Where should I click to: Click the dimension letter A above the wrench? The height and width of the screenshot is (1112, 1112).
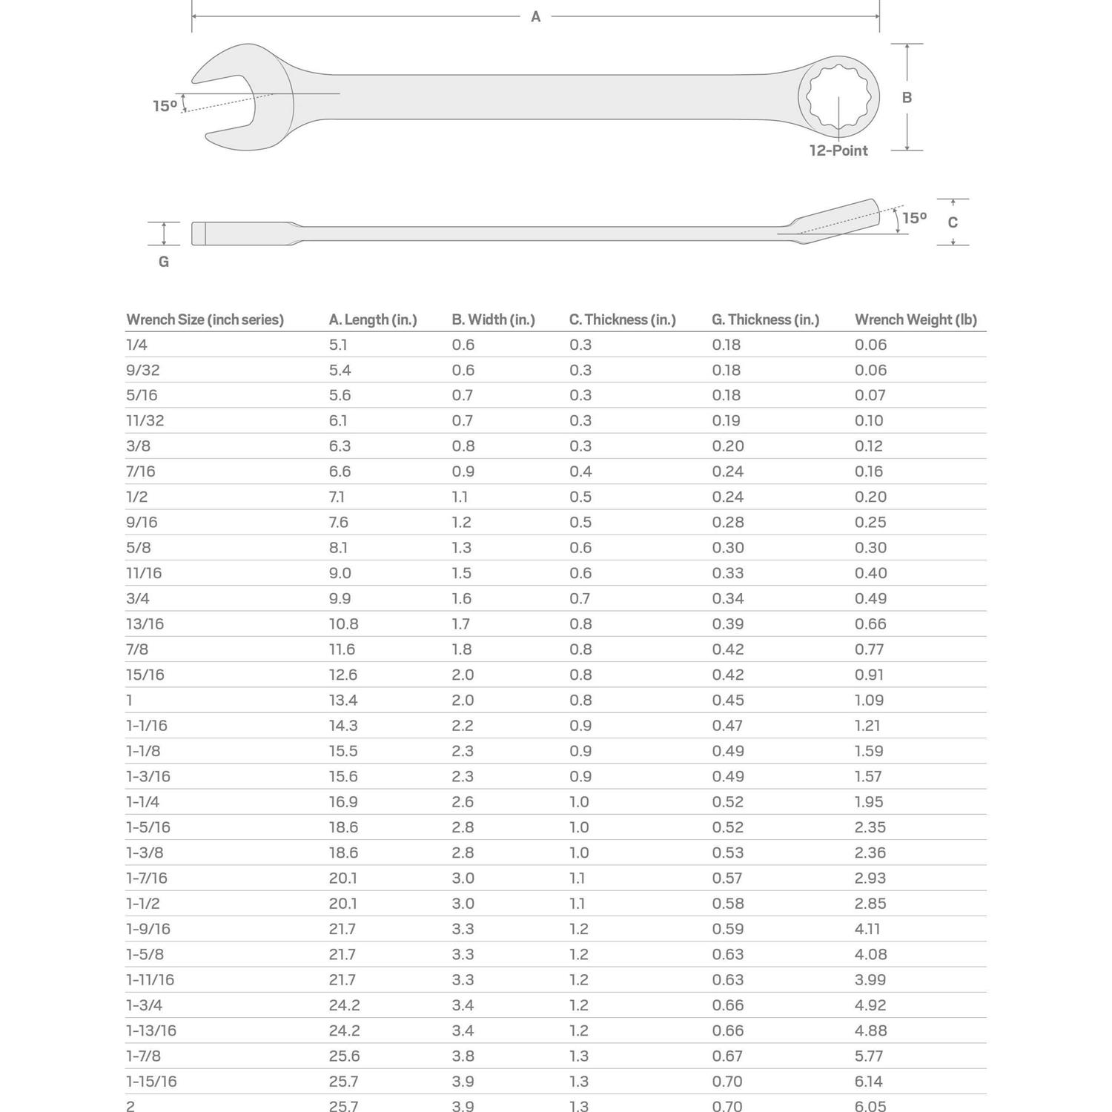pos(535,17)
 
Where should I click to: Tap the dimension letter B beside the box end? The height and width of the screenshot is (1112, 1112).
pos(907,97)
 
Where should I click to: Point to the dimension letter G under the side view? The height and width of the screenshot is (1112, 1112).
pos(164,262)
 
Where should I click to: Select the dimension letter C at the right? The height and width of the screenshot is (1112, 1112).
pos(953,222)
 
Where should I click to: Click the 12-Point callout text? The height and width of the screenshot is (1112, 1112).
pos(838,150)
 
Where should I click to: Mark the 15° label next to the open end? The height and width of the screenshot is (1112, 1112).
pos(165,106)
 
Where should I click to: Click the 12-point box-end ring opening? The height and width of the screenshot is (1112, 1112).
pos(838,96)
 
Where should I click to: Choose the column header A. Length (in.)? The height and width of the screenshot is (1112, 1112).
pos(373,320)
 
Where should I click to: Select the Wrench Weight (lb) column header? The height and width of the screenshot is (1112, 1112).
pos(916,320)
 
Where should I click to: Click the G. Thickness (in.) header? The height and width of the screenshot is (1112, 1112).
pos(765,320)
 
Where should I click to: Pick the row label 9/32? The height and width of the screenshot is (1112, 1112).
pos(142,370)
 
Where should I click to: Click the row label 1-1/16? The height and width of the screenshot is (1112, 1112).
pos(147,726)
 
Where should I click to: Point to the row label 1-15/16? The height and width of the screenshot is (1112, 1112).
pos(151,1082)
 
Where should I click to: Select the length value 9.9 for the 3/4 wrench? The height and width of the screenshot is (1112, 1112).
pos(340,598)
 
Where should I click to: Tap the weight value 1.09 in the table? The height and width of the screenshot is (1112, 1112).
pos(869,700)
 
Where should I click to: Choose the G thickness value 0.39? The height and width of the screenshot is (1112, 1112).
pos(728,624)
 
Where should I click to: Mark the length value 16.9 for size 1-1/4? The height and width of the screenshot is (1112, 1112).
pos(343,802)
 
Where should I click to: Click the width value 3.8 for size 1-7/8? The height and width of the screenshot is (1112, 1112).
pos(463,1056)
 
